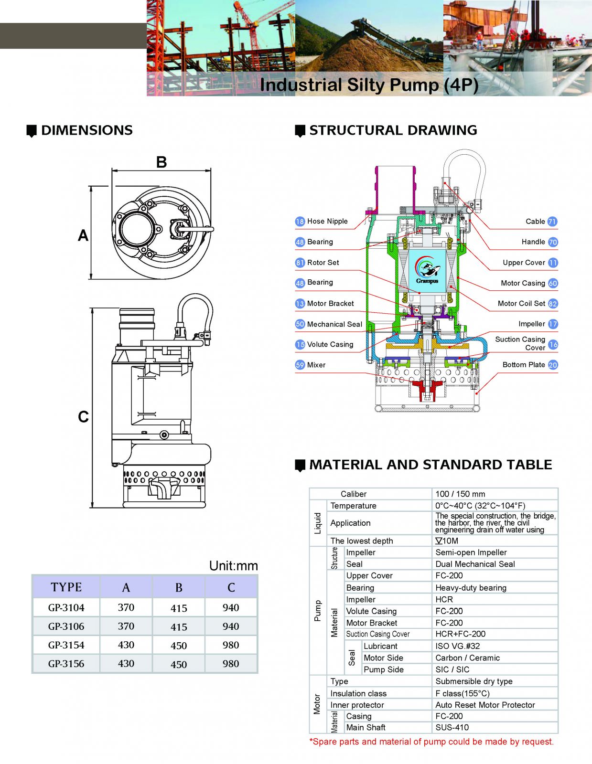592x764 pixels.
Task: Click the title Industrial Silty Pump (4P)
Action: tap(369, 85)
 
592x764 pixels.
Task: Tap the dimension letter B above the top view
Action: tap(161, 162)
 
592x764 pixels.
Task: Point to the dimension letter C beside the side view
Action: tap(83, 417)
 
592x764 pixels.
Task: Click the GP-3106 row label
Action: tap(66, 626)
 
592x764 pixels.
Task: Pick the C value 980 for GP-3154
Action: tap(231, 645)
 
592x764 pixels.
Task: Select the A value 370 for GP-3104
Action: tap(126, 607)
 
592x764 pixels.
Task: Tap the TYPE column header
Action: tap(66, 587)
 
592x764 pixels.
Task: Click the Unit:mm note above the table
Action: tap(233, 566)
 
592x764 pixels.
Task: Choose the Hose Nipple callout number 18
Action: tap(300, 222)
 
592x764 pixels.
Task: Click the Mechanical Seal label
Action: tap(334, 324)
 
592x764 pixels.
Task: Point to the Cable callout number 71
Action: tap(552, 222)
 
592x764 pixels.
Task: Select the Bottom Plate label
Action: tap(524, 365)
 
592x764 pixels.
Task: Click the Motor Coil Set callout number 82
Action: tap(553, 304)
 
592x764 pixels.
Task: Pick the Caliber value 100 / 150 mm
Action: tap(460, 494)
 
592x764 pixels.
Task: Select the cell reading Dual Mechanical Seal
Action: tap(475, 564)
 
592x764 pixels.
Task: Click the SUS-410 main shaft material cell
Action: tap(452, 727)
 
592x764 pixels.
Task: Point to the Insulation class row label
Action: tap(358, 693)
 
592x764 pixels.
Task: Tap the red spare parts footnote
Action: tap(431, 742)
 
